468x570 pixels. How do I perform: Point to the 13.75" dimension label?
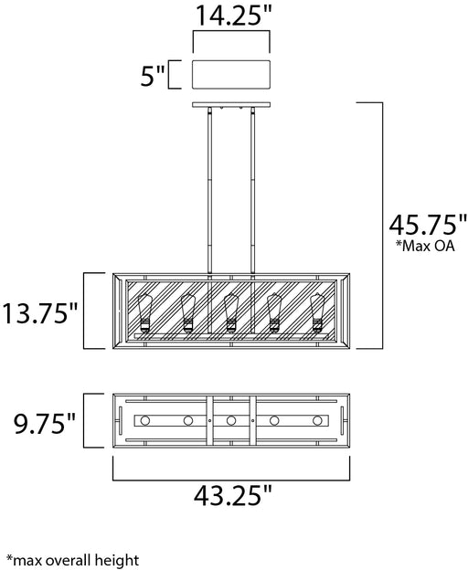40,313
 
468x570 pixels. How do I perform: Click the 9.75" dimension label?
45,424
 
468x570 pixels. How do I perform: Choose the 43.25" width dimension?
233,495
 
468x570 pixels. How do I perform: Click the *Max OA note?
425,246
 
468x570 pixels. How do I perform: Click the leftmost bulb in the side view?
144,312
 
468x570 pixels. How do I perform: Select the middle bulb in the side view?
231,312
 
